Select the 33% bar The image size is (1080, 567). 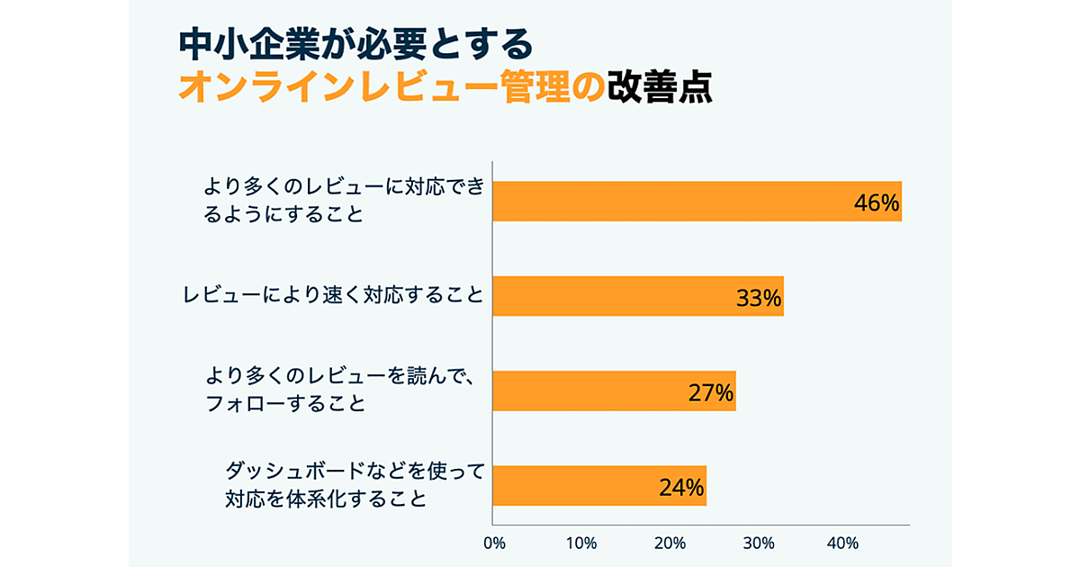612,296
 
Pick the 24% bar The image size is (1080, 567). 576,486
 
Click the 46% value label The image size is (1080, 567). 877,203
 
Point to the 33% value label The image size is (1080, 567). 759,298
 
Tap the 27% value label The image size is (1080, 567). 711,393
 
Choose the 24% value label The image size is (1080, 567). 681,488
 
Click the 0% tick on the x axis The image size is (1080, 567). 494,544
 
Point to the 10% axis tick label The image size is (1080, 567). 581,544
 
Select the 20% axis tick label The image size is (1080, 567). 670,544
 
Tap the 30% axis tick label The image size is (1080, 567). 758,544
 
